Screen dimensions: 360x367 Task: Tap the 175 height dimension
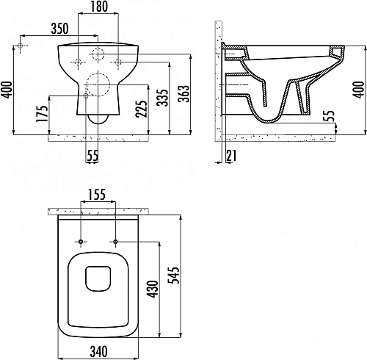[43, 115]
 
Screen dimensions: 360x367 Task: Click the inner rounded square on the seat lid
[98, 278]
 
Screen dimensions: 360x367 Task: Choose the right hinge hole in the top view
[116, 241]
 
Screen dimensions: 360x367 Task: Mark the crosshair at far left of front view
[23, 46]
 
